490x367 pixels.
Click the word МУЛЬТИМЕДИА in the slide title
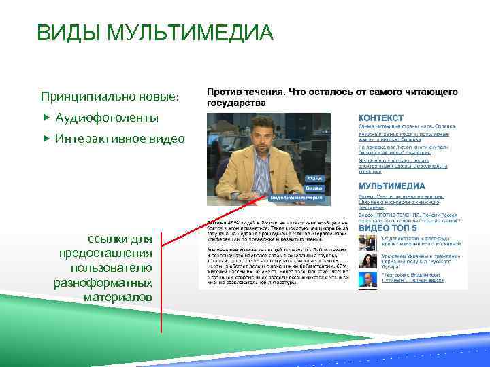[x=190, y=32]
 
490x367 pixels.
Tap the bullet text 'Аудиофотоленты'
[x=107, y=118]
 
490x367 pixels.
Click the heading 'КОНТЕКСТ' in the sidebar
[x=381, y=118]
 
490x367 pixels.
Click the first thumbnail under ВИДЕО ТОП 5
[x=367, y=242]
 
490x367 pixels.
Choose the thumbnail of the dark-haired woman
[x=367, y=261]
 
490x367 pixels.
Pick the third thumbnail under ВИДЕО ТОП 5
[x=367, y=279]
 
